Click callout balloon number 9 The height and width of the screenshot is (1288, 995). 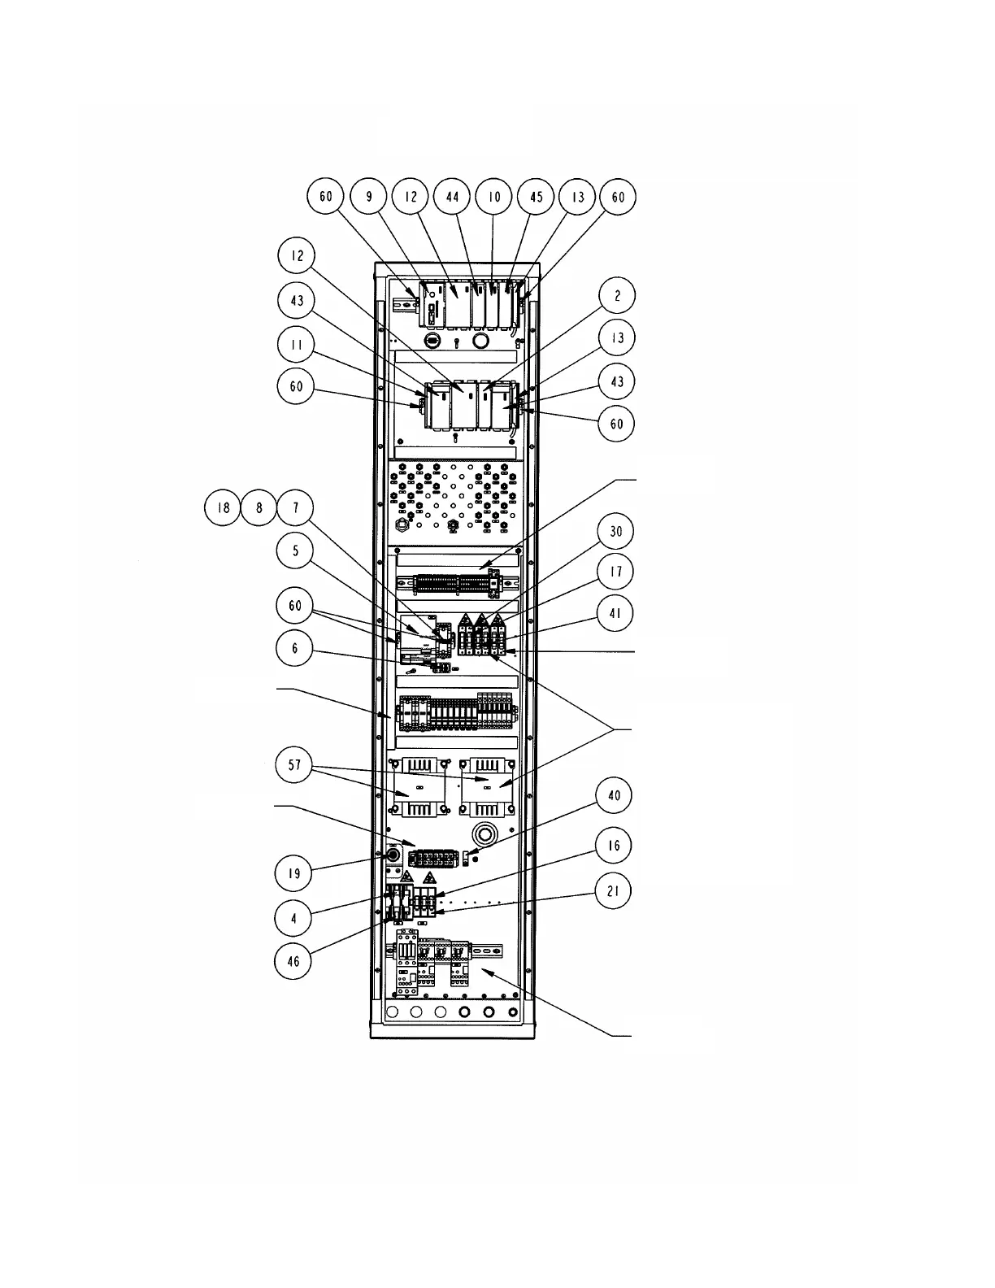369,198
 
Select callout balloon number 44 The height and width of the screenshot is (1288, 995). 453,198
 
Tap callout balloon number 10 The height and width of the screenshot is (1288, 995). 494,198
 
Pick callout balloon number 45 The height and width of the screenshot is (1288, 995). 536,198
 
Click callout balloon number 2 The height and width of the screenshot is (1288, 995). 617,296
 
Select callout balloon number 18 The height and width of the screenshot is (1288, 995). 223,508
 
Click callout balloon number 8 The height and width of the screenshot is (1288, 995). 259,508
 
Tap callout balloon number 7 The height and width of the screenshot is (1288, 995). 296,508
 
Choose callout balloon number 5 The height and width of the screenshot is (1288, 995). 295,551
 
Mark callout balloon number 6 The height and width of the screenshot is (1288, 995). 295,648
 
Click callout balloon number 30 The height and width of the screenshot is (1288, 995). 615,531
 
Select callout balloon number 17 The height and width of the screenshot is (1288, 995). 615,571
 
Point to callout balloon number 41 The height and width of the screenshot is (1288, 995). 615,611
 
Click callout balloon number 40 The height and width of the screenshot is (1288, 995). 615,795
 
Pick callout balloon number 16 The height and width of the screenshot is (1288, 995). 614,846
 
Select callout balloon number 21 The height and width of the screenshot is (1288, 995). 614,891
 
